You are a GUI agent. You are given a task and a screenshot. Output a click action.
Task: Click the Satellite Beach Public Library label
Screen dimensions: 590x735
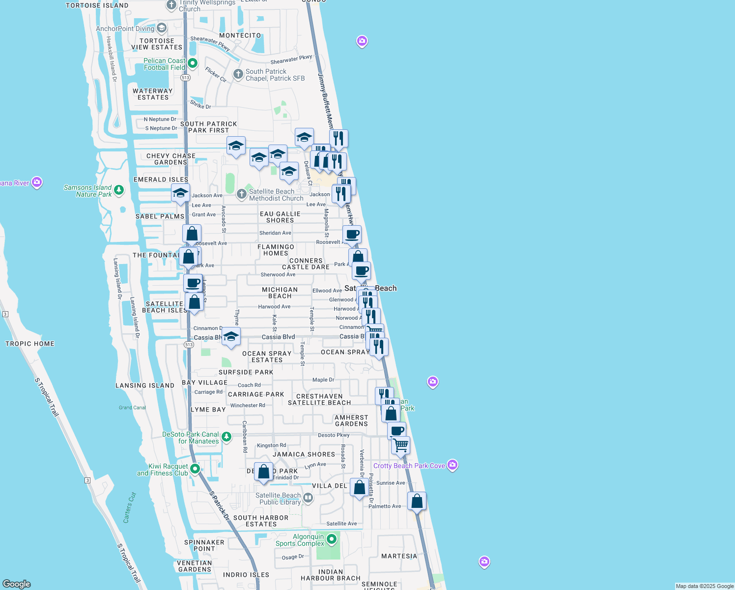click(x=278, y=499)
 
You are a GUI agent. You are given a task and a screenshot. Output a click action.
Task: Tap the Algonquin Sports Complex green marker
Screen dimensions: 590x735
click(x=332, y=539)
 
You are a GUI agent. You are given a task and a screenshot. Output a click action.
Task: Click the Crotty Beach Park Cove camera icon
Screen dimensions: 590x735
click(x=452, y=465)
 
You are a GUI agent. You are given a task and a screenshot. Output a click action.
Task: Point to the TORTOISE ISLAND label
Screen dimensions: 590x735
click(x=97, y=5)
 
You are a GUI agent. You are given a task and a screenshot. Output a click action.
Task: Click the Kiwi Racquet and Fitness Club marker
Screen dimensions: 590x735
click(x=195, y=469)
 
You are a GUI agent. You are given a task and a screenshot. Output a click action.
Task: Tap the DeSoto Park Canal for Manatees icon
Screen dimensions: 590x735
click(x=226, y=437)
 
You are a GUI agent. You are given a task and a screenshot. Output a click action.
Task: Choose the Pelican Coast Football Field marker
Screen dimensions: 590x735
click(x=193, y=63)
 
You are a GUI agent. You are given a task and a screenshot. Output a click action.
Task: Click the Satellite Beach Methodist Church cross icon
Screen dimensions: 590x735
click(x=241, y=194)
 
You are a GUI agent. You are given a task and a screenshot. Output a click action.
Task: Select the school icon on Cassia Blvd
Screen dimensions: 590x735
click(x=231, y=337)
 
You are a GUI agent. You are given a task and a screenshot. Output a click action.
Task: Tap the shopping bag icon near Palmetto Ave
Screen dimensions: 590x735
click(x=417, y=501)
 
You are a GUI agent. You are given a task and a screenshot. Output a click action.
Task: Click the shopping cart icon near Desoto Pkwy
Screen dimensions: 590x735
click(x=401, y=445)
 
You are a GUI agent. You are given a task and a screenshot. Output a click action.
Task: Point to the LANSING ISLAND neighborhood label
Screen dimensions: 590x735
click(x=145, y=385)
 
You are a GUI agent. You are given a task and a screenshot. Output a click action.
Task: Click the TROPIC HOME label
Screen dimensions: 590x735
click(x=30, y=344)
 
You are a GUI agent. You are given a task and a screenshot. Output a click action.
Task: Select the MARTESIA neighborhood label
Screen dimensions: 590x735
click(x=399, y=556)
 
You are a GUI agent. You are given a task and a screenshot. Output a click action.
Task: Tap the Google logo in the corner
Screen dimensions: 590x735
click(x=17, y=584)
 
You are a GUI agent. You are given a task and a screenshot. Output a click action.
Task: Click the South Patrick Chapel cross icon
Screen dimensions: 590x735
click(x=238, y=74)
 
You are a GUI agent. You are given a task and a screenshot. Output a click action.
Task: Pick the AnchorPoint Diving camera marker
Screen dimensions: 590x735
click(x=162, y=28)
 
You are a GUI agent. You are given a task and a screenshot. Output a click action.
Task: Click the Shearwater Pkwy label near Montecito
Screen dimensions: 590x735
click(x=210, y=43)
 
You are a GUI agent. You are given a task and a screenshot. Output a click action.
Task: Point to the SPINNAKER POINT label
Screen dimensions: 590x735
click(x=204, y=545)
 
